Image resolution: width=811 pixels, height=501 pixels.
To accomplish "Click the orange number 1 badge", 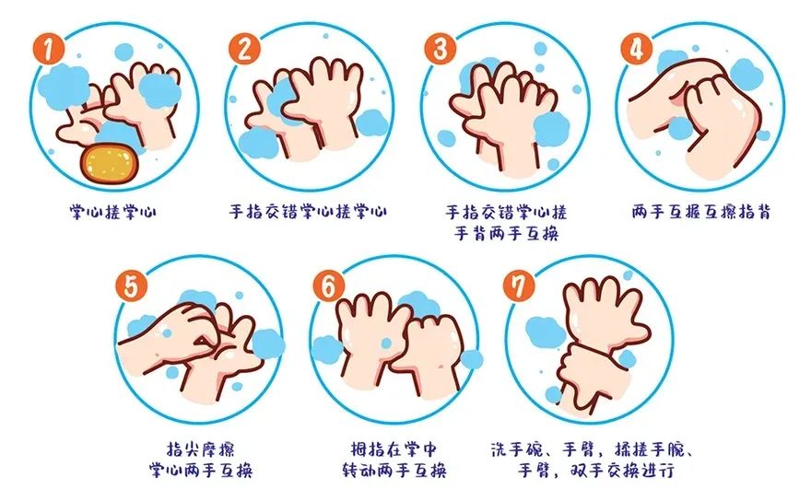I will [43, 46].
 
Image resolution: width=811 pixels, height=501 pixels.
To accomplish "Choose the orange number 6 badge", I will [329, 285].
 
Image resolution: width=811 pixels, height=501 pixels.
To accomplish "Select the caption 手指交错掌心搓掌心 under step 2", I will [308, 213].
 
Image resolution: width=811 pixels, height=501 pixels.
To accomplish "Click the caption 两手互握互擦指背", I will [702, 213].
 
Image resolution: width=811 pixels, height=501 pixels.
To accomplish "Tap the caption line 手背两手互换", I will [506, 233].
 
